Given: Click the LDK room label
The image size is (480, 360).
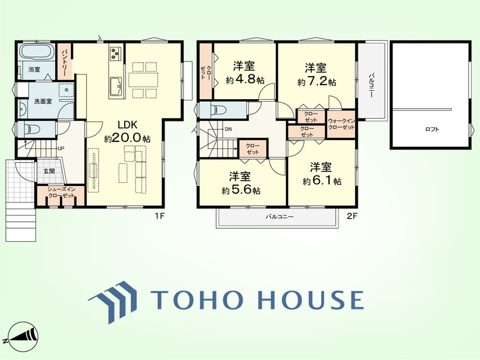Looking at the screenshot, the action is click(127, 125).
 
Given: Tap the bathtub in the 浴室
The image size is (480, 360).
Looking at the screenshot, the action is click(36, 51).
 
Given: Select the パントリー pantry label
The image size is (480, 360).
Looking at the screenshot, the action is click(65, 63).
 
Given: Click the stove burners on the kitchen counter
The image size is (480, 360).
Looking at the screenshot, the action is click(116, 53).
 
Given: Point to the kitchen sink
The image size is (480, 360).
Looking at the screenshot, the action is click(116, 86).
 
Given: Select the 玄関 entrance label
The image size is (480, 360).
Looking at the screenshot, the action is click(49, 171).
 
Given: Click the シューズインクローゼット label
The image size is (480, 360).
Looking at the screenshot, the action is click(61, 192).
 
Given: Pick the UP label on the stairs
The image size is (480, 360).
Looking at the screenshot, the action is click(61, 148).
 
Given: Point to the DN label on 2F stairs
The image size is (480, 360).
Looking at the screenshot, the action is click(228, 129).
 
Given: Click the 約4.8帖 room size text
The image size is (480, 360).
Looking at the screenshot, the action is click(245, 80).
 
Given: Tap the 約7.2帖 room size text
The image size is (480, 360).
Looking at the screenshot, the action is click(317, 82).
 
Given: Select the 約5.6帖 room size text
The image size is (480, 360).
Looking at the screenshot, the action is click(241, 191).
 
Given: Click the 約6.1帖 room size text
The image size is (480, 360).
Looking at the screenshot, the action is click(322, 181).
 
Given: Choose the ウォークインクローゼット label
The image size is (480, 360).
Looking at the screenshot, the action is click(341, 124).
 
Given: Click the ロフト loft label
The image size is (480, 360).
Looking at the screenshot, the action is click(432, 129).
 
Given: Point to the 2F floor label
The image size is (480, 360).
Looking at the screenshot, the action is click(352, 216).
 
